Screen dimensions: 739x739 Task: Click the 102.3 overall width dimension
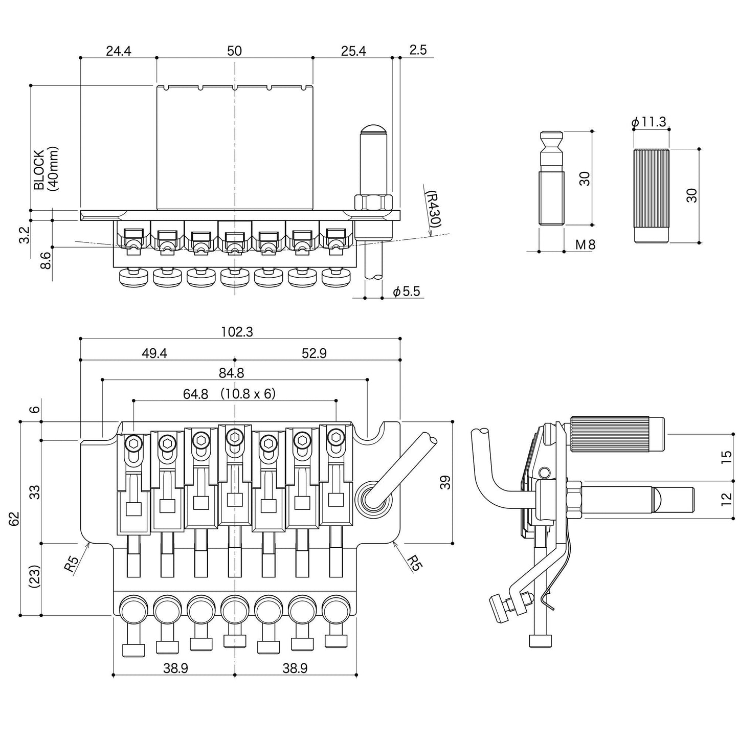(x=237, y=332)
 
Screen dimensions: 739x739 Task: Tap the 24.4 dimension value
(x=119, y=51)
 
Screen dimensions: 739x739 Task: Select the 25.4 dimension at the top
(x=353, y=51)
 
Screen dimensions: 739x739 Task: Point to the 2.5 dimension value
(x=418, y=50)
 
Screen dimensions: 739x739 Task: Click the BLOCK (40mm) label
(x=46, y=169)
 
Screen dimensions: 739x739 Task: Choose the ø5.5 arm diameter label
(x=406, y=292)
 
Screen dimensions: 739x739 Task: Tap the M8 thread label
(x=586, y=245)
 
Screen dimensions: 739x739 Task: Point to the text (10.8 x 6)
(x=248, y=394)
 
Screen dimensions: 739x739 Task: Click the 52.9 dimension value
(x=314, y=353)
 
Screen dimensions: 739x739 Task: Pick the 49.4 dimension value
(x=154, y=353)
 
